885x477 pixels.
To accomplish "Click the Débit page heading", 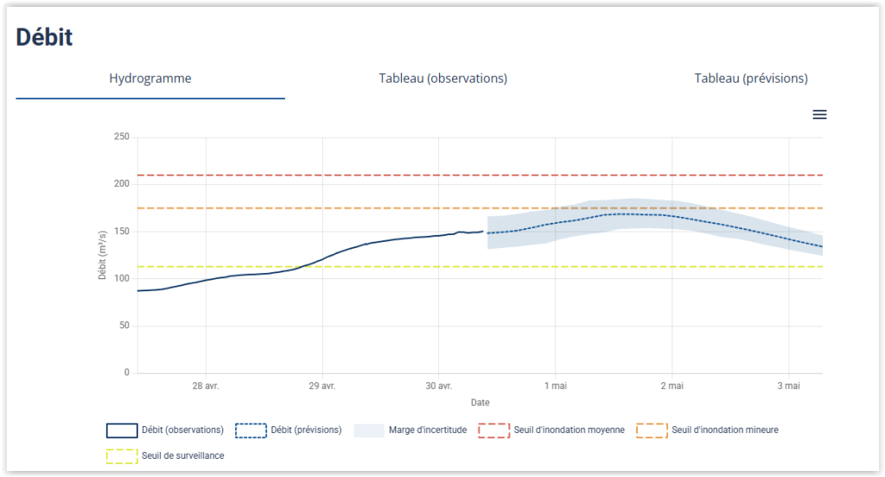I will (x=44, y=37).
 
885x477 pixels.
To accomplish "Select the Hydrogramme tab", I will (x=150, y=79).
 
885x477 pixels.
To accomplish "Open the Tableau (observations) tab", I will (x=442, y=79).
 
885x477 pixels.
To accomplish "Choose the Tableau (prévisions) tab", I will (x=750, y=79).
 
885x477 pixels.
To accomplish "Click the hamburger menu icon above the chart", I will (x=819, y=115).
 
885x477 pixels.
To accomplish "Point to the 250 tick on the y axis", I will (x=121, y=137).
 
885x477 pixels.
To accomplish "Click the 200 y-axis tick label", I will (x=121, y=184).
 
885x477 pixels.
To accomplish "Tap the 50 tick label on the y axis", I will (x=124, y=326).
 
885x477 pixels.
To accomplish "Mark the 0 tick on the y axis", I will (x=126, y=373).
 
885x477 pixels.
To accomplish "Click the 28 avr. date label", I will (x=206, y=386).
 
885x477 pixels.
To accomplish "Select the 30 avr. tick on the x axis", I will (x=439, y=386).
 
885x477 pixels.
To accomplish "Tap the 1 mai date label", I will (x=555, y=386).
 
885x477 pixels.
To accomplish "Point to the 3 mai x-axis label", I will (x=788, y=386).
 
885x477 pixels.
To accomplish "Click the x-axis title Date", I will (x=480, y=403).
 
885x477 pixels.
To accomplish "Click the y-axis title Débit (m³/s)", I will (x=102, y=255).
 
